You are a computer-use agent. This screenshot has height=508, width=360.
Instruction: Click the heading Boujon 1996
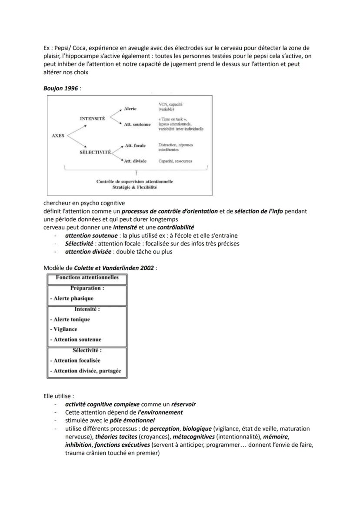pyautogui.click(x=60, y=88)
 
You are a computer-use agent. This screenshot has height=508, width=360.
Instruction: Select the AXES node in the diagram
pyautogui.click(x=58, y=136)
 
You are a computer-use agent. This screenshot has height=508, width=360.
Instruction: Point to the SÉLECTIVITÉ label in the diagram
pyautogui.click(x=95, y=153)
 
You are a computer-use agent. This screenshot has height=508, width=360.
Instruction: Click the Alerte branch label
pyautogui.click(x=130, y=109)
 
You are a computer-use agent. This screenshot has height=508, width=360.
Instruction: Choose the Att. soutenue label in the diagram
pyautogui.click(x=137, y=124)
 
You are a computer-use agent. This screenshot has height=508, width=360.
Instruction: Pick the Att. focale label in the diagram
pyautogui.click(x=135, y=146)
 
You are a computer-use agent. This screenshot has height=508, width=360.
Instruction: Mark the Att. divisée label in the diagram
pyautogui.click(x=135, y=161)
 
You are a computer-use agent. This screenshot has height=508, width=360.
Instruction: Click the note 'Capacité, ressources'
pyautogui.click(x=175, y=161)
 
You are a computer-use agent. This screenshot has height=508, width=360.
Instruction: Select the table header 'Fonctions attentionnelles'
pyautogui.click(x=87, y=278)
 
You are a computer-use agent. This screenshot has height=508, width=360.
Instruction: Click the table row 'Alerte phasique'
pyautogui.click(x=71, y=298)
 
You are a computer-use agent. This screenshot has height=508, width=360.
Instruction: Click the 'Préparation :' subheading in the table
pyautogui.click(x=87, y=288)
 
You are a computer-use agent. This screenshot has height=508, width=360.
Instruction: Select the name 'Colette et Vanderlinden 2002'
pyautogui.click(x=114, y=268)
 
